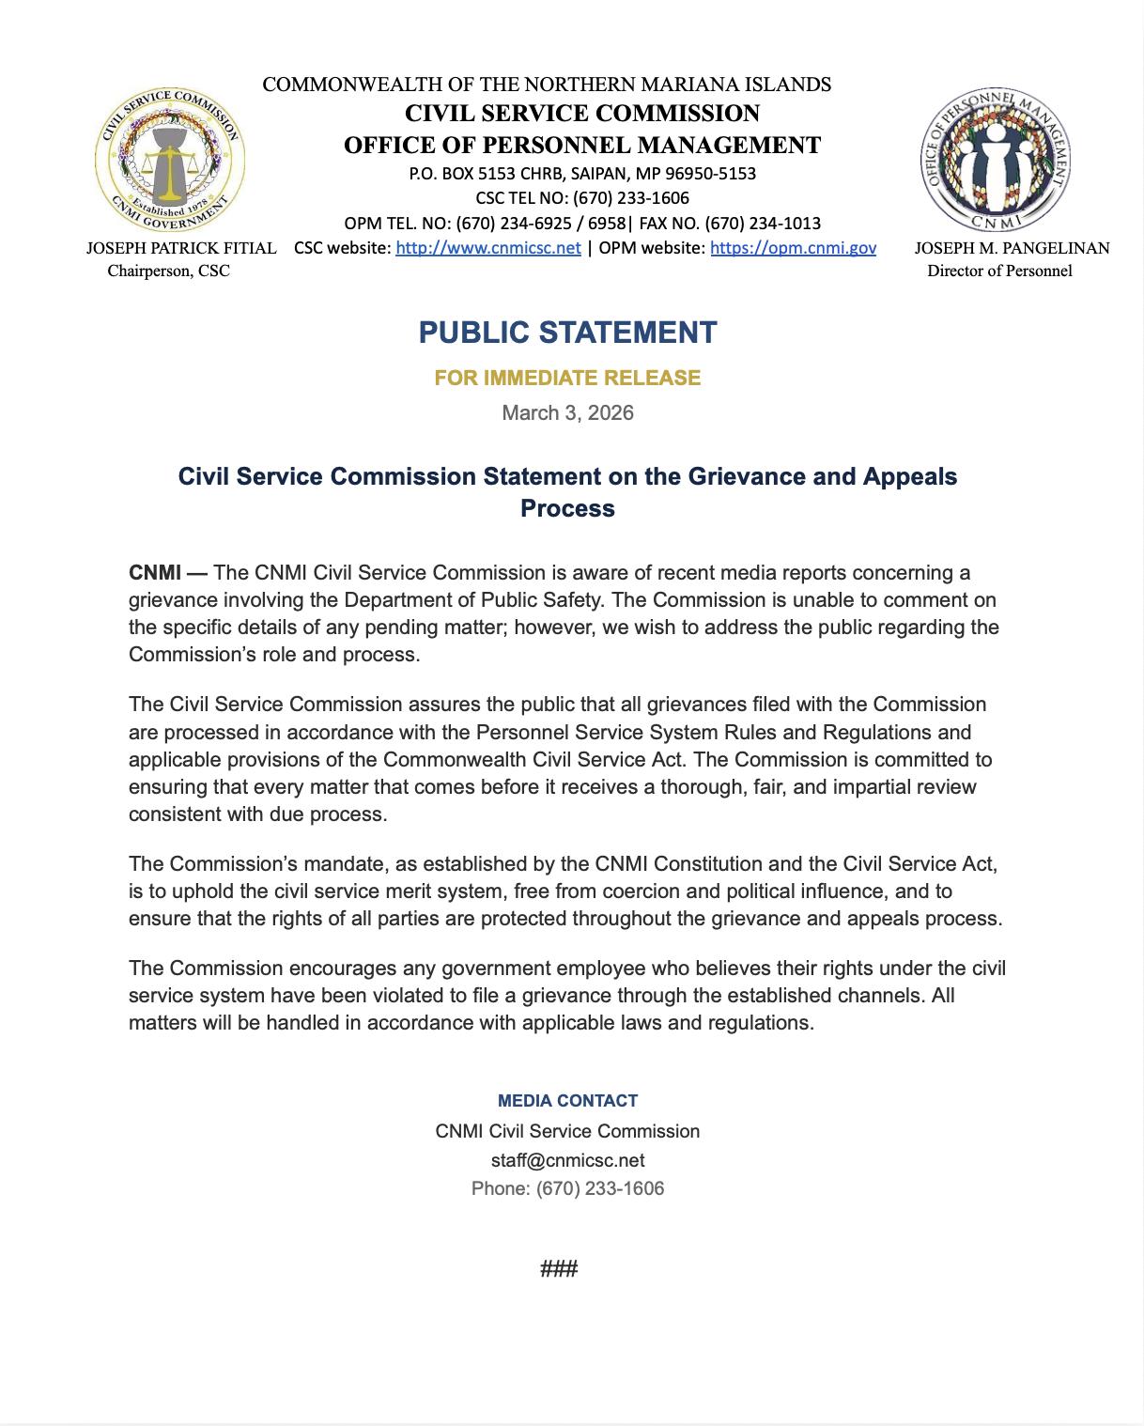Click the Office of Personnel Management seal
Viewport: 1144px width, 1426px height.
pos(996,162)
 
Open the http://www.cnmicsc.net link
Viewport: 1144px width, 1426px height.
pos(487,248)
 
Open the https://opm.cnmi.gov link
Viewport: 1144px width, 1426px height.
pos(793,248)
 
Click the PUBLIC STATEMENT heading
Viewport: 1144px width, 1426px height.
pos(567,333)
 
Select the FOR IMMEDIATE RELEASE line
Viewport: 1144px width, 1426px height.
pos(567,378)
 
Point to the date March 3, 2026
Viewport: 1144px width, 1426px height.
pos(567,412)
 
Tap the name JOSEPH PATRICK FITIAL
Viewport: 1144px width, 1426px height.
pos(181,248)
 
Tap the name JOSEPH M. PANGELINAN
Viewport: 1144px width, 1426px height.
pos(1012,248)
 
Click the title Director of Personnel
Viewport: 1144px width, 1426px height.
pos(999,271)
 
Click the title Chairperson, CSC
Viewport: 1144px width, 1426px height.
pos(168,271)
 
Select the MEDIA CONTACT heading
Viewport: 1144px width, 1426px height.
pos(567,1100)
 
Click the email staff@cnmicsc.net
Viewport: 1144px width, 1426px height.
pos(567,1160)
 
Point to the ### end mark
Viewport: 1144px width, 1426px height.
pos(559,1269)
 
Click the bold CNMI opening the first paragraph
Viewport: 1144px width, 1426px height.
pos(155,572)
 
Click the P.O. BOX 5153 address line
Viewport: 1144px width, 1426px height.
pos(582,174)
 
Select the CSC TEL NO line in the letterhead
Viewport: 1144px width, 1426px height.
pos(582,198)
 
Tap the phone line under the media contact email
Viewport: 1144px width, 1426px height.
pos(567,1188)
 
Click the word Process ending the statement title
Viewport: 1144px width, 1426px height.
pos(567,508)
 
